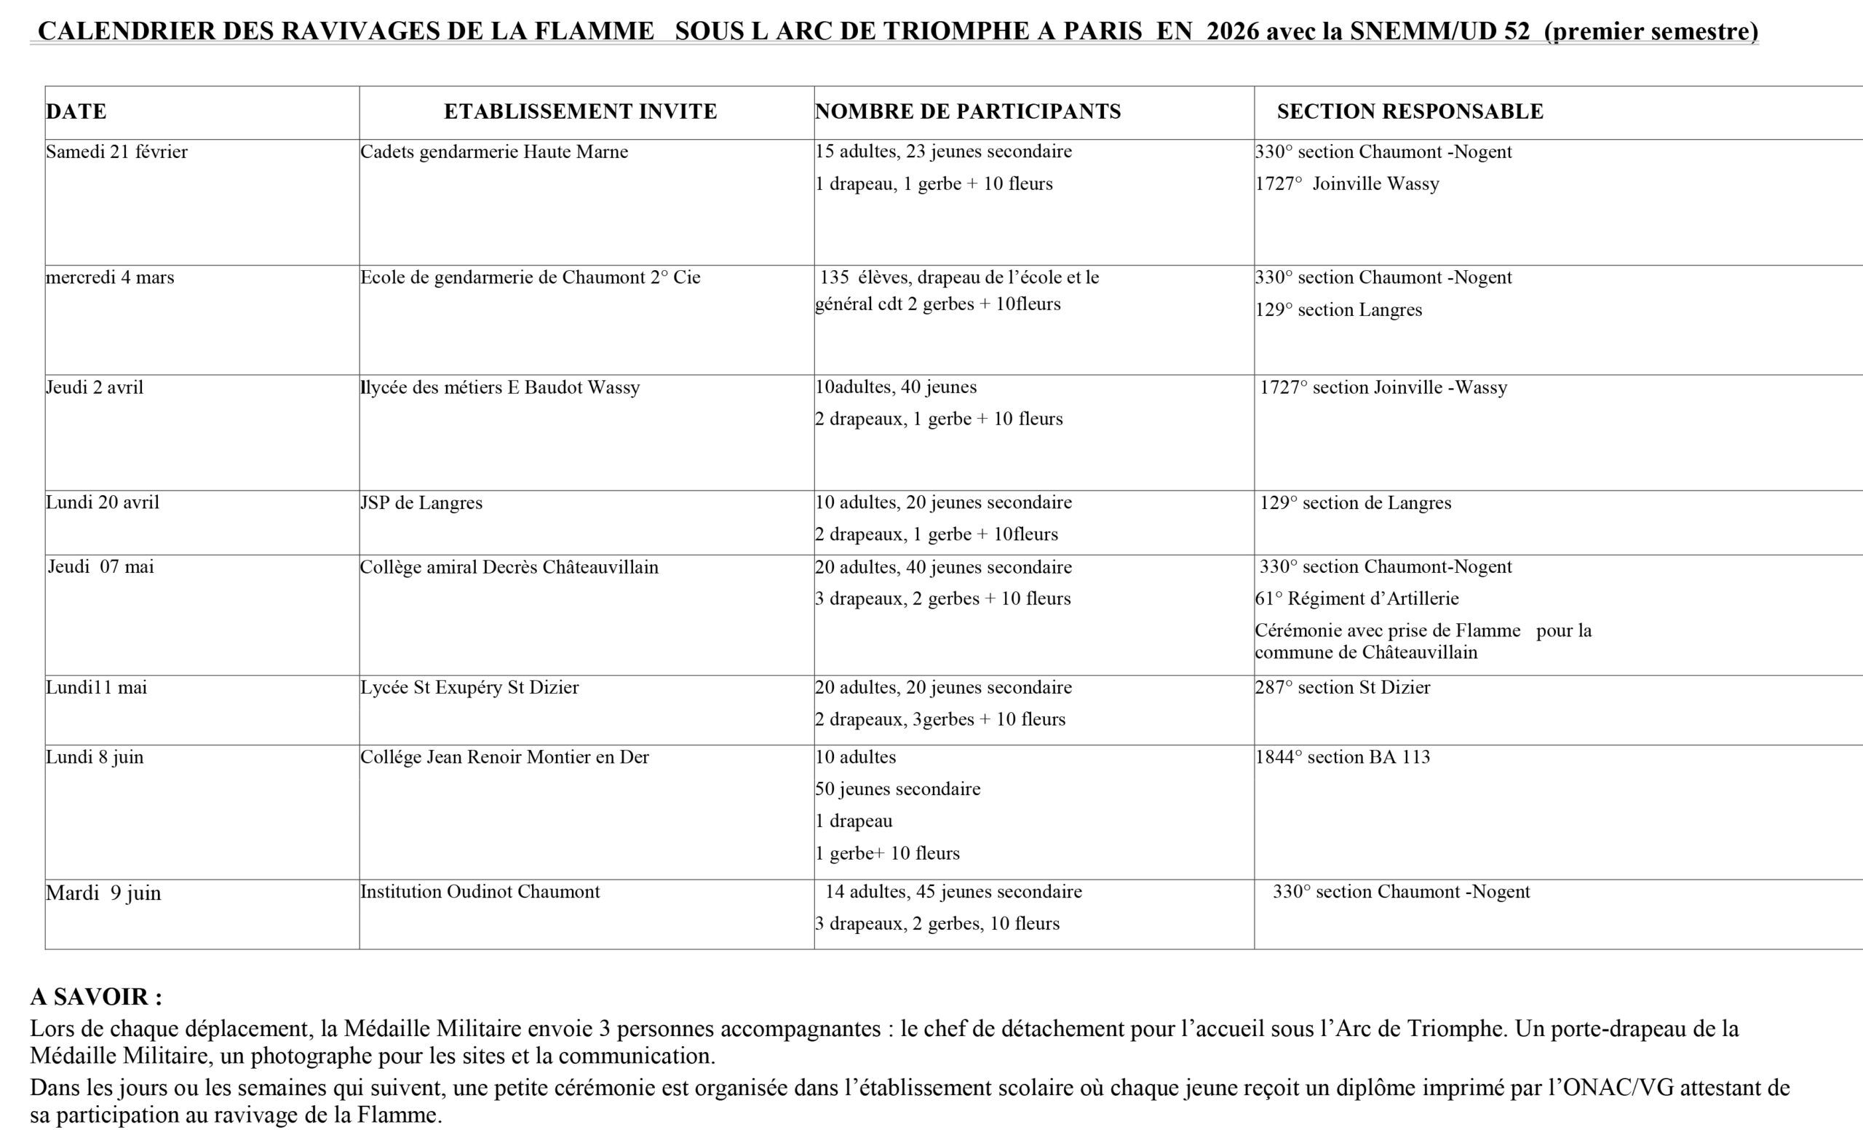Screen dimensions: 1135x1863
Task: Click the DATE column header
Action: pyautogui.click(x=76, y=112)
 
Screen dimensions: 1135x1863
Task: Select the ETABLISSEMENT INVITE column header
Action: pyautogui.click(x=580, y=112)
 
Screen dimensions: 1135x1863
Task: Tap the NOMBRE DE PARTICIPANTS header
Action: pyautogui.click(x=968, y=112)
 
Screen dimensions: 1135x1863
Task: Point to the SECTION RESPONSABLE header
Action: pyautogui.click(x=1410, y=112)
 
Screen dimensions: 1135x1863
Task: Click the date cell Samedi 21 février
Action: pyautogui.click(x=117, y=152)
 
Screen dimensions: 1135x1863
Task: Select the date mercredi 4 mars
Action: pyautogui.click(x=111, y=277)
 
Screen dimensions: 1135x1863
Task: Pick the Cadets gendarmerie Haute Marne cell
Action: pyautogui.click(x=493, y=152)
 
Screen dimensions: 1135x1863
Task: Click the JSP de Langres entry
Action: pyautogui.click(x=421, y=503)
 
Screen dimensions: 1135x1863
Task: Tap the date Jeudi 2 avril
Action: pyautogui.click(x=95, y=388)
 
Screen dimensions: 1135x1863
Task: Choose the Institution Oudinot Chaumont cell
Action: pyautogui.click(x=480, y=892)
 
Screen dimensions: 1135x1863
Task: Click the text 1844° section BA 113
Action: pyautogui.click(x=1343, y=757)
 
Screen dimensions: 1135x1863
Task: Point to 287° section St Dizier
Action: pyautogui.click(x=1343, y=687)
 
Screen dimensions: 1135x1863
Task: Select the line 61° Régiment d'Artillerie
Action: pyautogui.click(x=1357, y=599)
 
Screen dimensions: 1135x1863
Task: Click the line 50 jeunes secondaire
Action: pyautogui.click(x=897, y=788)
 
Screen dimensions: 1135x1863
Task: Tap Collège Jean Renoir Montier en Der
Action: pyautogui.click(x=504, y=757)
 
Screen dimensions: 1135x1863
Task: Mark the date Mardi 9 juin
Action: pyautogui.click(x=103, y=893)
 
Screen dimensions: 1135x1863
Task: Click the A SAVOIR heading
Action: pyautogui.click(x=96, y=997)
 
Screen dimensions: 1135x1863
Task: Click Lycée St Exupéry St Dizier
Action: pyautogui.click(x=469, y=687)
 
